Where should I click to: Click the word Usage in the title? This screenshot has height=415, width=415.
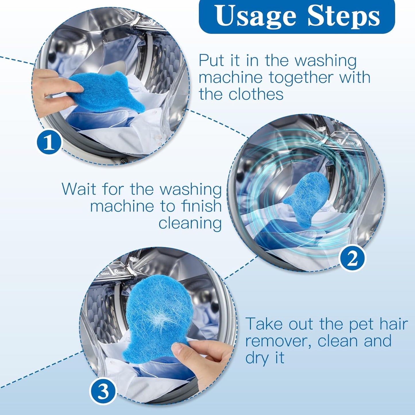(x=255, y=16)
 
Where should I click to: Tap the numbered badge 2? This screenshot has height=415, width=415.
(x=352, y=258)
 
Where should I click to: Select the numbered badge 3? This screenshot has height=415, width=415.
(x=103, y=391)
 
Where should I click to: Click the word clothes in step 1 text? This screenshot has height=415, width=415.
(x=256, y=94)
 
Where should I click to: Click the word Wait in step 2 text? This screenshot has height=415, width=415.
(x=79, y=189)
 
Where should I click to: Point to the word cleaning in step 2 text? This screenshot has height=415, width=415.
(x=190, y=223)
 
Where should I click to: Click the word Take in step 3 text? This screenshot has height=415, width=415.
(x=264, y=324)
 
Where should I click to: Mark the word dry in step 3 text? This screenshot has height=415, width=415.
(x=256, y=358)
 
